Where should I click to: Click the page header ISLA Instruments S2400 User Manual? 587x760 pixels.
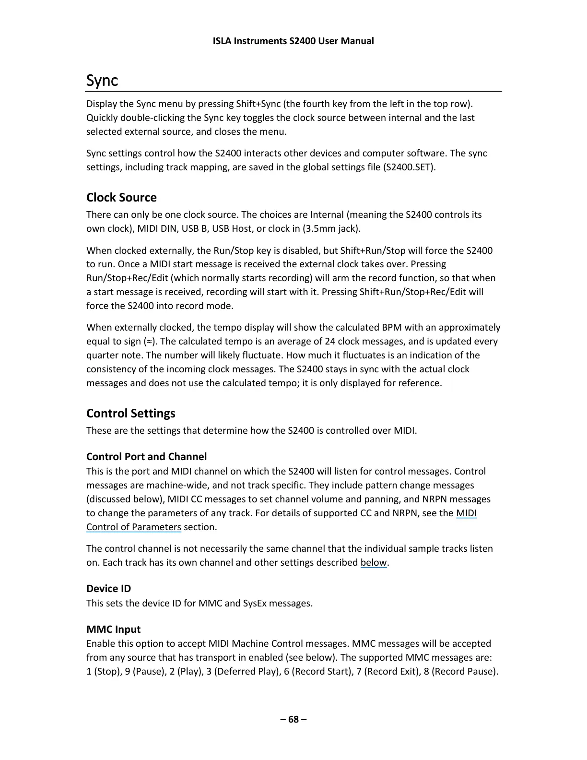click(x=293, y=41)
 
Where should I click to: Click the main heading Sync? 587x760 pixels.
click(x=102, y=81)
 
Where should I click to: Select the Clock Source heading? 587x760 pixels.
click(x=121, y=198)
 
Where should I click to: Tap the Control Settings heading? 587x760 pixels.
click(x=130, y=414)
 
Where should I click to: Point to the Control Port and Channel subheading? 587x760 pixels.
click(x=146, y=457)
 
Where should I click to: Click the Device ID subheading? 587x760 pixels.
click(x=108, y=589)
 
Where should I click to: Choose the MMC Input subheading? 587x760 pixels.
click(x=113, y=629)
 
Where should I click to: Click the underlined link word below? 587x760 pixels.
click(x=373, y=563)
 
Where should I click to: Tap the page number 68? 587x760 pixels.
click(x=293, y=719)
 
